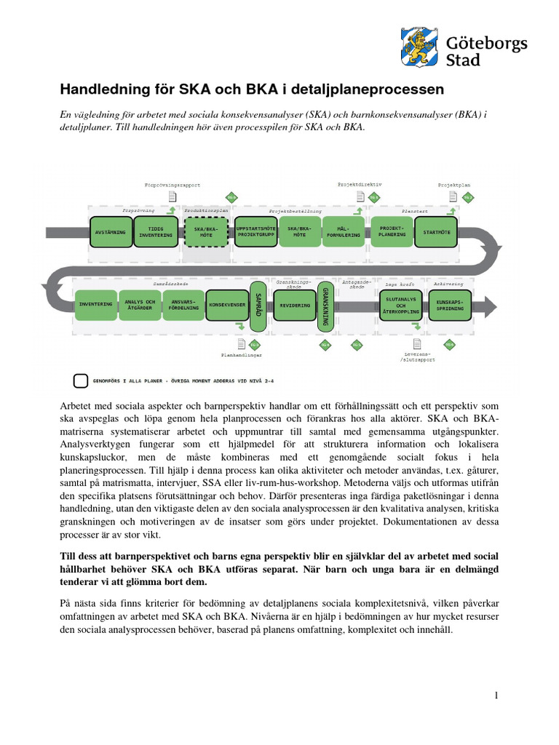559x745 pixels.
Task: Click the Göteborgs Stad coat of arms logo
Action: click(419, 46)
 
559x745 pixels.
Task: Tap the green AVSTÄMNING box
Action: click(110, 232)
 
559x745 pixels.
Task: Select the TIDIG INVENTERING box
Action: click(156, 232)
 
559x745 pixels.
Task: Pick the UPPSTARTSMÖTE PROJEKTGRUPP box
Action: click(257, 232)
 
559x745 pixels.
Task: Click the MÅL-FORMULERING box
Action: click(343, 232)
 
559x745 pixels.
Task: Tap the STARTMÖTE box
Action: click(437, 232)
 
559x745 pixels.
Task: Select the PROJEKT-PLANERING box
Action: click(392, 232)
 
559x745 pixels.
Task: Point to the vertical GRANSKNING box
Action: click(325, 306)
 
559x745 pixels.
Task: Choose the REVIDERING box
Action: click(295, 306)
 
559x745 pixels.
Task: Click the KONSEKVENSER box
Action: click(227, 306)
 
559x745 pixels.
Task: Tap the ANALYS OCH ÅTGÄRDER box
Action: click(140, 306)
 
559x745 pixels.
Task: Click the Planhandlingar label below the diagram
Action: click(241, 356)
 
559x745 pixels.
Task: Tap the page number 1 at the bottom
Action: click(496, 696)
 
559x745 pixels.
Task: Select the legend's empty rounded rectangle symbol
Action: click(81, 381)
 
